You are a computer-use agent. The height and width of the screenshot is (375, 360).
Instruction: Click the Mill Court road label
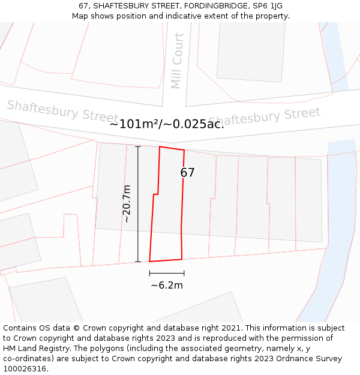tap(176, 61)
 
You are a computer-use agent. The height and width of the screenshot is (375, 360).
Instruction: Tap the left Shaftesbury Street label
tap(62, 110)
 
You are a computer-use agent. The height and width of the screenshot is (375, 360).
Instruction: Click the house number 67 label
tap(187, 173)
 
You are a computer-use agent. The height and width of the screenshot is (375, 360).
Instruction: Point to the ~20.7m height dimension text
tap(127, 204)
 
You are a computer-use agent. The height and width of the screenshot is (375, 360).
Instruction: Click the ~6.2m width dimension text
tap(167, 286)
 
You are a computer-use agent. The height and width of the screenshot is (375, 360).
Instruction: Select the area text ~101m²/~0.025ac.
tap(167, 124)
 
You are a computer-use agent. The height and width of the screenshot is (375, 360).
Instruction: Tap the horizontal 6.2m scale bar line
tap(167, 273)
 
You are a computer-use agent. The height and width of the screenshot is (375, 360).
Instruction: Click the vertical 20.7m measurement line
tap(138, 204)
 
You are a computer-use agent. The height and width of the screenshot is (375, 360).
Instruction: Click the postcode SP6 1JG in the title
tap(266, 6)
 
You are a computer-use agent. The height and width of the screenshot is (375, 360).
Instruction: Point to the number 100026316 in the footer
tap(25, 369)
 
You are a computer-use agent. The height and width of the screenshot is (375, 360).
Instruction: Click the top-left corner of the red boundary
tap(160, 146)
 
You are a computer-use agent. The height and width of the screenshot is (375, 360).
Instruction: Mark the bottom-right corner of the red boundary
tap(182, 259)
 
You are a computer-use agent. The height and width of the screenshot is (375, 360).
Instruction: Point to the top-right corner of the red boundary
tap(184, 150)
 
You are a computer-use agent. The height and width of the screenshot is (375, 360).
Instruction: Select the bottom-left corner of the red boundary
tap(149, 262)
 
